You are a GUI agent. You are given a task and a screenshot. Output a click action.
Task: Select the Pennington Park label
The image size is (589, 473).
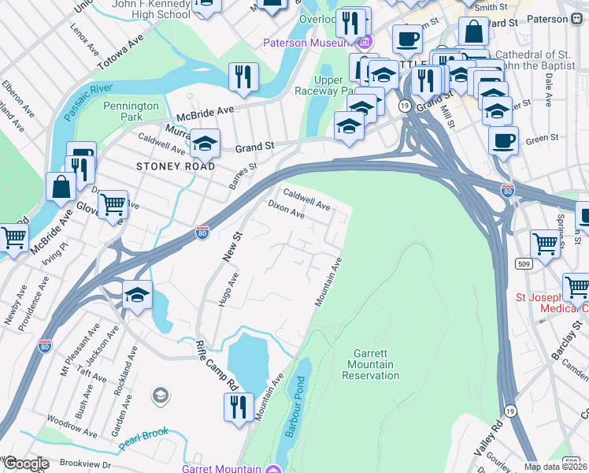pos(131,111)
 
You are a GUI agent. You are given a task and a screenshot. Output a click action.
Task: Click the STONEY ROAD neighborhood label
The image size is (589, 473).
pos(176,166)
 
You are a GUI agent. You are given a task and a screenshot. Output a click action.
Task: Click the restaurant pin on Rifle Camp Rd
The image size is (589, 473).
pos(238,407)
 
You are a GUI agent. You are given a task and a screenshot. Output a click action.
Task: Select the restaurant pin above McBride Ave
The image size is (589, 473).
pos(243,77)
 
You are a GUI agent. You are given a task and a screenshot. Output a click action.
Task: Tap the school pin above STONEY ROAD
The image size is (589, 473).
pos(205,143)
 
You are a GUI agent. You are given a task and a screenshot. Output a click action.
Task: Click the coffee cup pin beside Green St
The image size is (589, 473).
pos(502,140)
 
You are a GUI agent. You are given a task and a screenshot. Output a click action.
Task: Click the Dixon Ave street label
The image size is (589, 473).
pos(286,209)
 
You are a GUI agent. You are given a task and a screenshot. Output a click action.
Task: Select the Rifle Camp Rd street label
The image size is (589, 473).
pos(217,364)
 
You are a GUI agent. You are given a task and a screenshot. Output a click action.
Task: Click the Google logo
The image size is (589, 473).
pos(26,464)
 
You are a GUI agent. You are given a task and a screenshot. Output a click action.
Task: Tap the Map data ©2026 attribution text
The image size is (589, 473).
pos(555,467)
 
